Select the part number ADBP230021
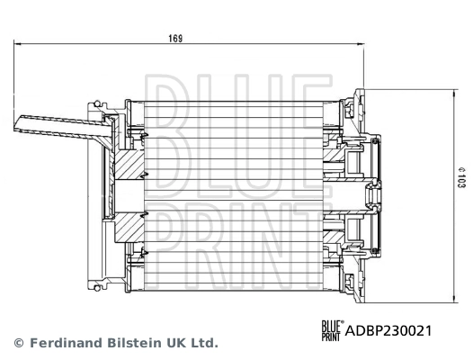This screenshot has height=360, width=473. (388, 330)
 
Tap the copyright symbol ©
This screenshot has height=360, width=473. (18, 343)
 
